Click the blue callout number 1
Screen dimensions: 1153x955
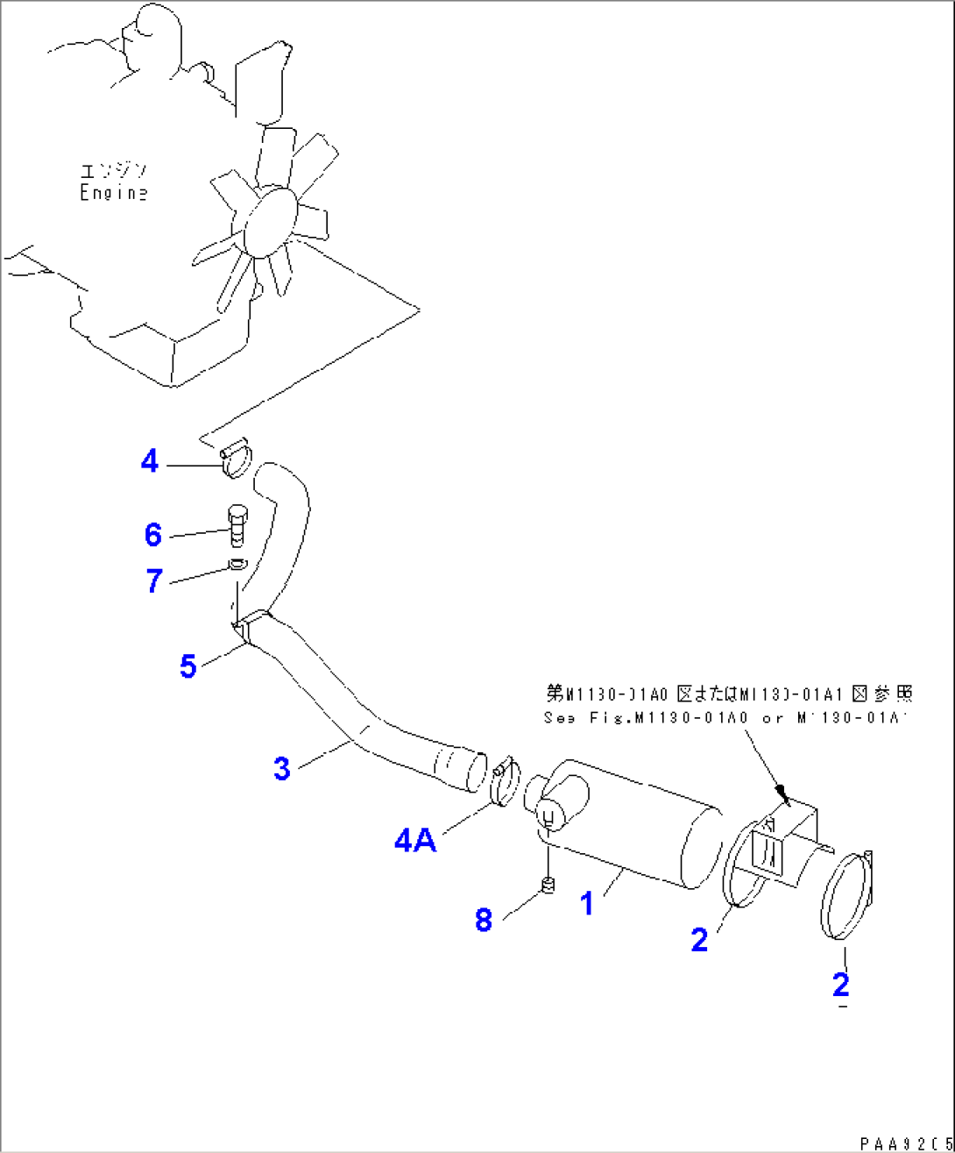587,903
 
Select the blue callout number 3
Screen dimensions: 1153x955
281,769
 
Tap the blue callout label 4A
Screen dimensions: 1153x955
415,841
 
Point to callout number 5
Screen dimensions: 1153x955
187,666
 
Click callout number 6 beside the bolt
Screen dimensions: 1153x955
153,534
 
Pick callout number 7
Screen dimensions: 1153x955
154,580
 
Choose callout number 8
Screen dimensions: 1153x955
484,920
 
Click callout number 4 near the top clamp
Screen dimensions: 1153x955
150,461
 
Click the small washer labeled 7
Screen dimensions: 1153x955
237,564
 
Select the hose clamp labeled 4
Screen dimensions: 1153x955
236,459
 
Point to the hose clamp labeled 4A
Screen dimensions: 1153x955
505,784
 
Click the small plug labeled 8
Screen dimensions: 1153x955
549,886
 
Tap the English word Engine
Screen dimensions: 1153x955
114,193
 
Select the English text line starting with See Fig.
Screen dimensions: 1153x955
725,717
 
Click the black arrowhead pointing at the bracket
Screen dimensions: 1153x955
784,797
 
